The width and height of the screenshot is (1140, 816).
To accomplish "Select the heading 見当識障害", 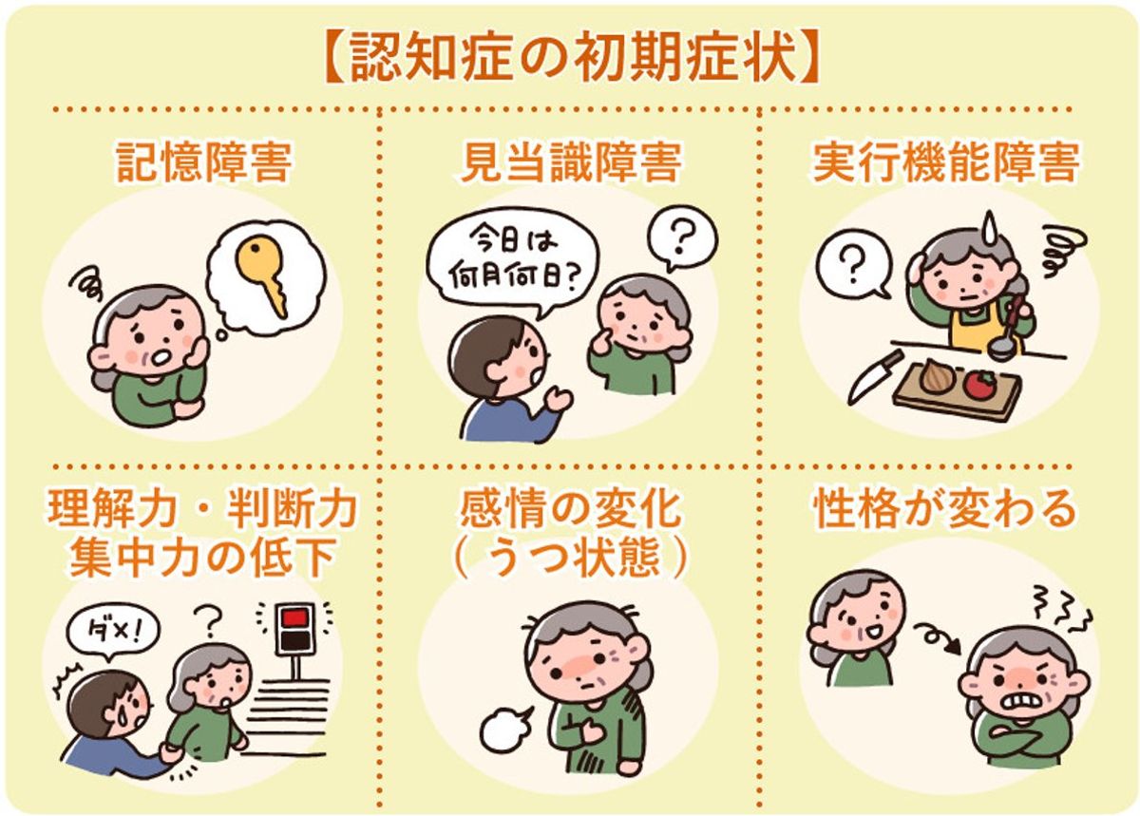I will click(x=569, y=162).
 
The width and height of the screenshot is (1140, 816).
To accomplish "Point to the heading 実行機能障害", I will click(x=945, y=162).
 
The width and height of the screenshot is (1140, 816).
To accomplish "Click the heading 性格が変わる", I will click(x=945, y=510).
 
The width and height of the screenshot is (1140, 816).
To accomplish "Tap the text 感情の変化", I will click(x=569, y=510).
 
